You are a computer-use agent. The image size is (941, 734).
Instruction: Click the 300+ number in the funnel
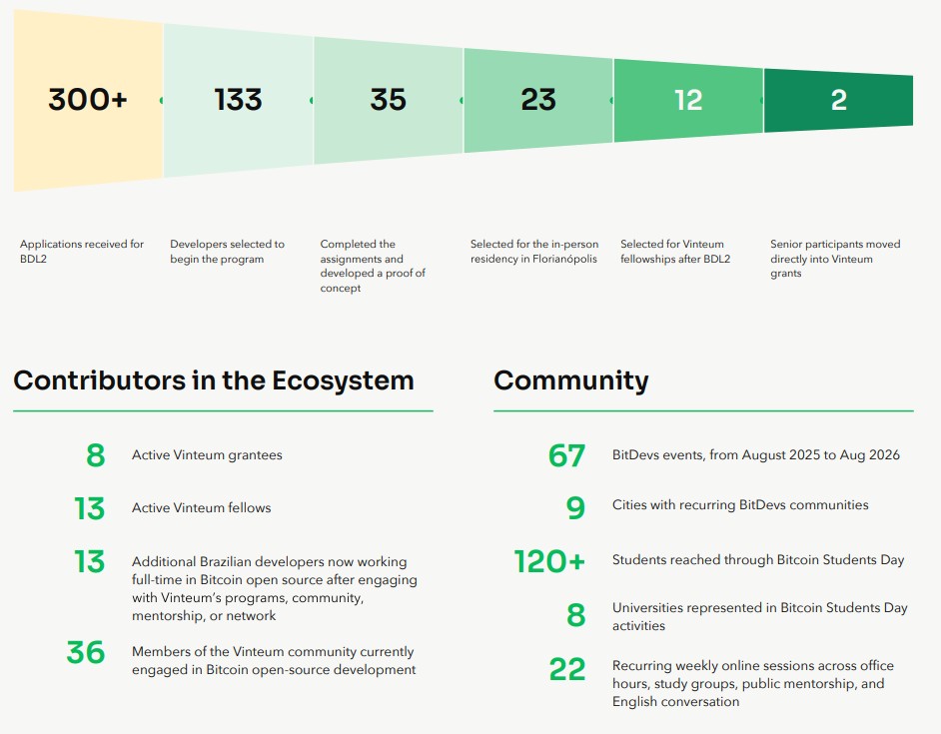point(88,100)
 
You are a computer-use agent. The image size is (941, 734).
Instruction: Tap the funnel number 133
point(239,100)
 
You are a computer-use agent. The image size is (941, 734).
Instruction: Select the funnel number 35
point(389,100)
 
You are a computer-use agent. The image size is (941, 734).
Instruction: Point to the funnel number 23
point(538,100)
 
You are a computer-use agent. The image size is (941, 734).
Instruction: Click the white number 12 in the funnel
point(688,100)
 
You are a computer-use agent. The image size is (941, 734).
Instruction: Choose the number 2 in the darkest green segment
point(839,100)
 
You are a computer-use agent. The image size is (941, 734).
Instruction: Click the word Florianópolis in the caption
point(564,260)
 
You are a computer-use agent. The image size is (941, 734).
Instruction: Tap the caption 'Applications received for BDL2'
point(82,252)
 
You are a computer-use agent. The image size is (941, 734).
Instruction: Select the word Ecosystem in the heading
point(343,381)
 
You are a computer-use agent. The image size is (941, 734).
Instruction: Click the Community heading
point(571,381)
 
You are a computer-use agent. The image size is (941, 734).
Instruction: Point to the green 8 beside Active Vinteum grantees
point(96,455)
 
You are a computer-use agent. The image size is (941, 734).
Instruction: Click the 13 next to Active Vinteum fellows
point(90,508)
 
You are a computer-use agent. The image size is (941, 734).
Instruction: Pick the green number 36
point(86,652)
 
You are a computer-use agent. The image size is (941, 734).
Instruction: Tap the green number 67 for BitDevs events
point(566,455)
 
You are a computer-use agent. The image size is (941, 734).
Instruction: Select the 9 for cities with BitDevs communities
point(575,508)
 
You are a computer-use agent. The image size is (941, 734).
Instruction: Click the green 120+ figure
point(549,562)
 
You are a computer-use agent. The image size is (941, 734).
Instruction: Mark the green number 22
point(567,669)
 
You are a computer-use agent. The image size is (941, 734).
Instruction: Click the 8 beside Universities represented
point(576,615)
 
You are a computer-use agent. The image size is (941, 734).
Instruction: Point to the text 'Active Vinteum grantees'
point(207,455)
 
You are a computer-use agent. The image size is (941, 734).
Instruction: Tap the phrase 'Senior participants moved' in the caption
point(835,245)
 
